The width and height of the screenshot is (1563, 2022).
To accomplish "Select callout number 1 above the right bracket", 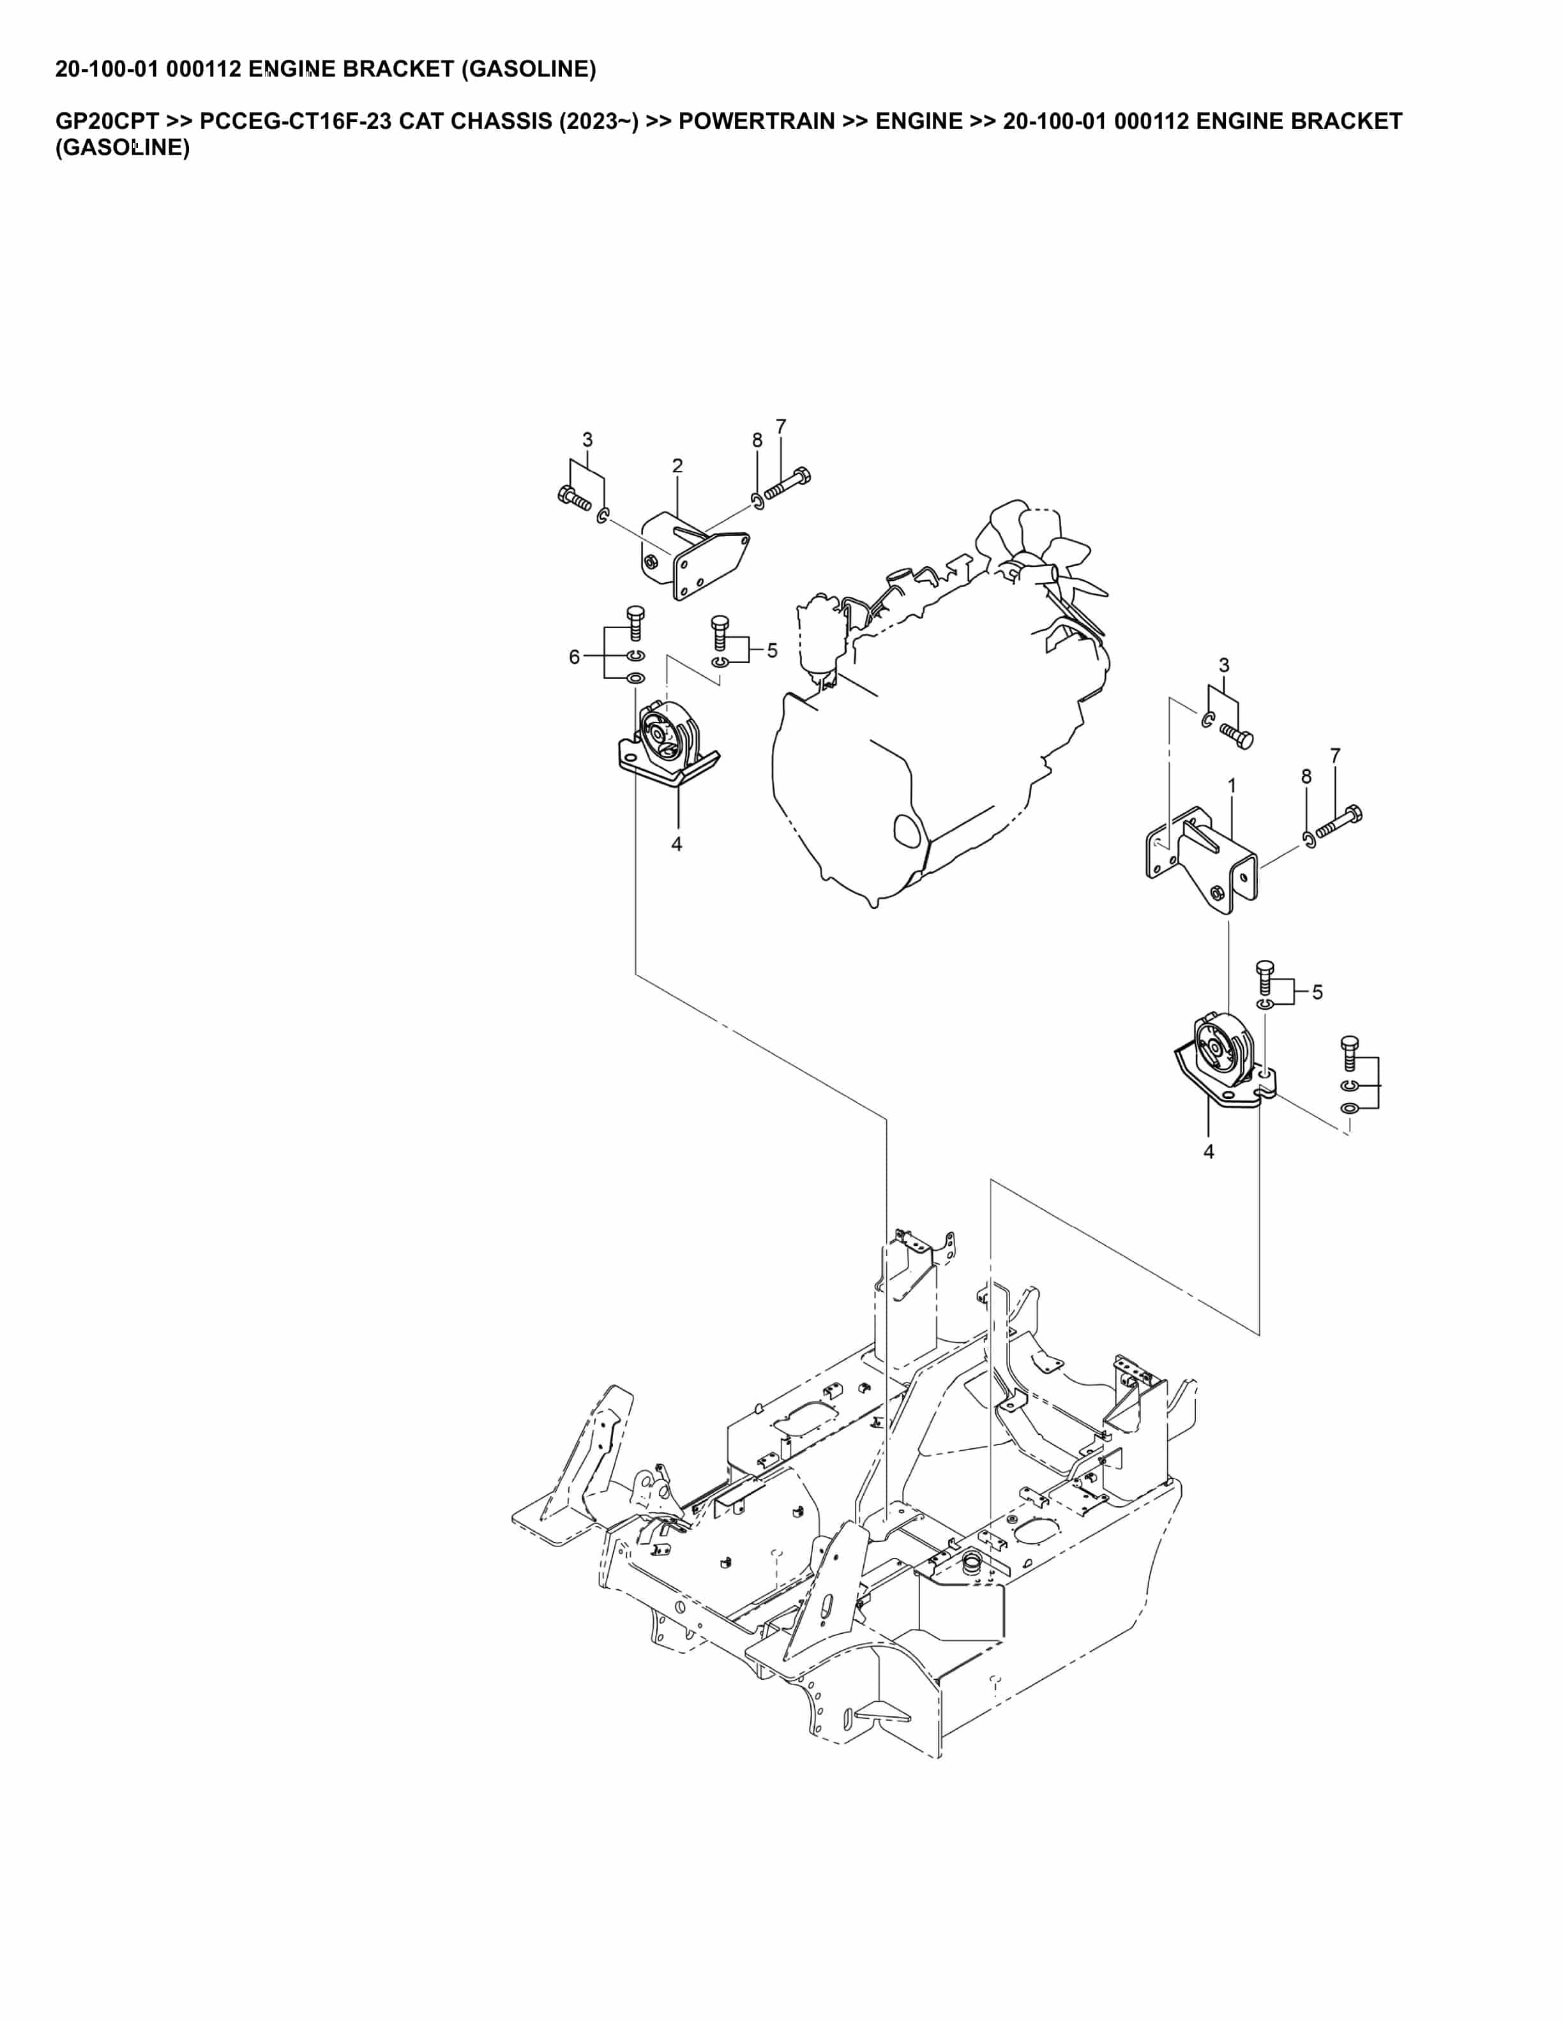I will pos(1232,786).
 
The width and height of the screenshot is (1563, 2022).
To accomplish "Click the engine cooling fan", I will pos(1046,555).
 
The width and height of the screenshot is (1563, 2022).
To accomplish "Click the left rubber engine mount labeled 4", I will pos(667,740).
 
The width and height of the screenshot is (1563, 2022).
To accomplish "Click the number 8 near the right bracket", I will pos(1306,777).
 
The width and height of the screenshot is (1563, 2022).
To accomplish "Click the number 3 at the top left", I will pos(587,440).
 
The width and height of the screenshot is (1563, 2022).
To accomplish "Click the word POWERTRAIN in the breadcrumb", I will pos(755,121).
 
